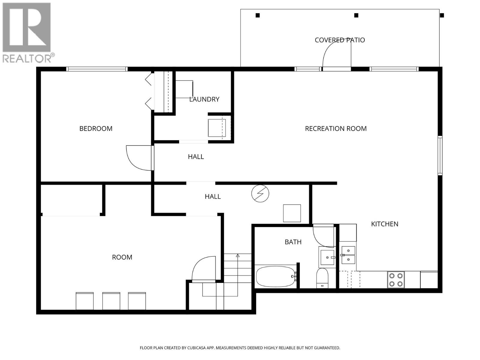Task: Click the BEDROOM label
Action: coord(96,128)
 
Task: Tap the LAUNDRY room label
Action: coord(204,99)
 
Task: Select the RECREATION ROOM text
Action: coord(335,128)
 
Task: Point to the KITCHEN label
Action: coord(384,224)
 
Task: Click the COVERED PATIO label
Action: coord(340,40)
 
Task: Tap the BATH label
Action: coord(293,242)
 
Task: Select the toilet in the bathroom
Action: coord(322,277)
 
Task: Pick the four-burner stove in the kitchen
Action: coord(396,279)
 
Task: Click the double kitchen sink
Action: coord(348,255)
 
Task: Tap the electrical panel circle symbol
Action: coord(260,193)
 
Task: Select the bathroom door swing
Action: coord(322,235)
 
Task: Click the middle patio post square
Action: coord(356,15)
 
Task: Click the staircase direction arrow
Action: coord(238,256)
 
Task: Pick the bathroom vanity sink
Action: coord(327,257)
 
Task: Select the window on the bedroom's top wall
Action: coord(97,69)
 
